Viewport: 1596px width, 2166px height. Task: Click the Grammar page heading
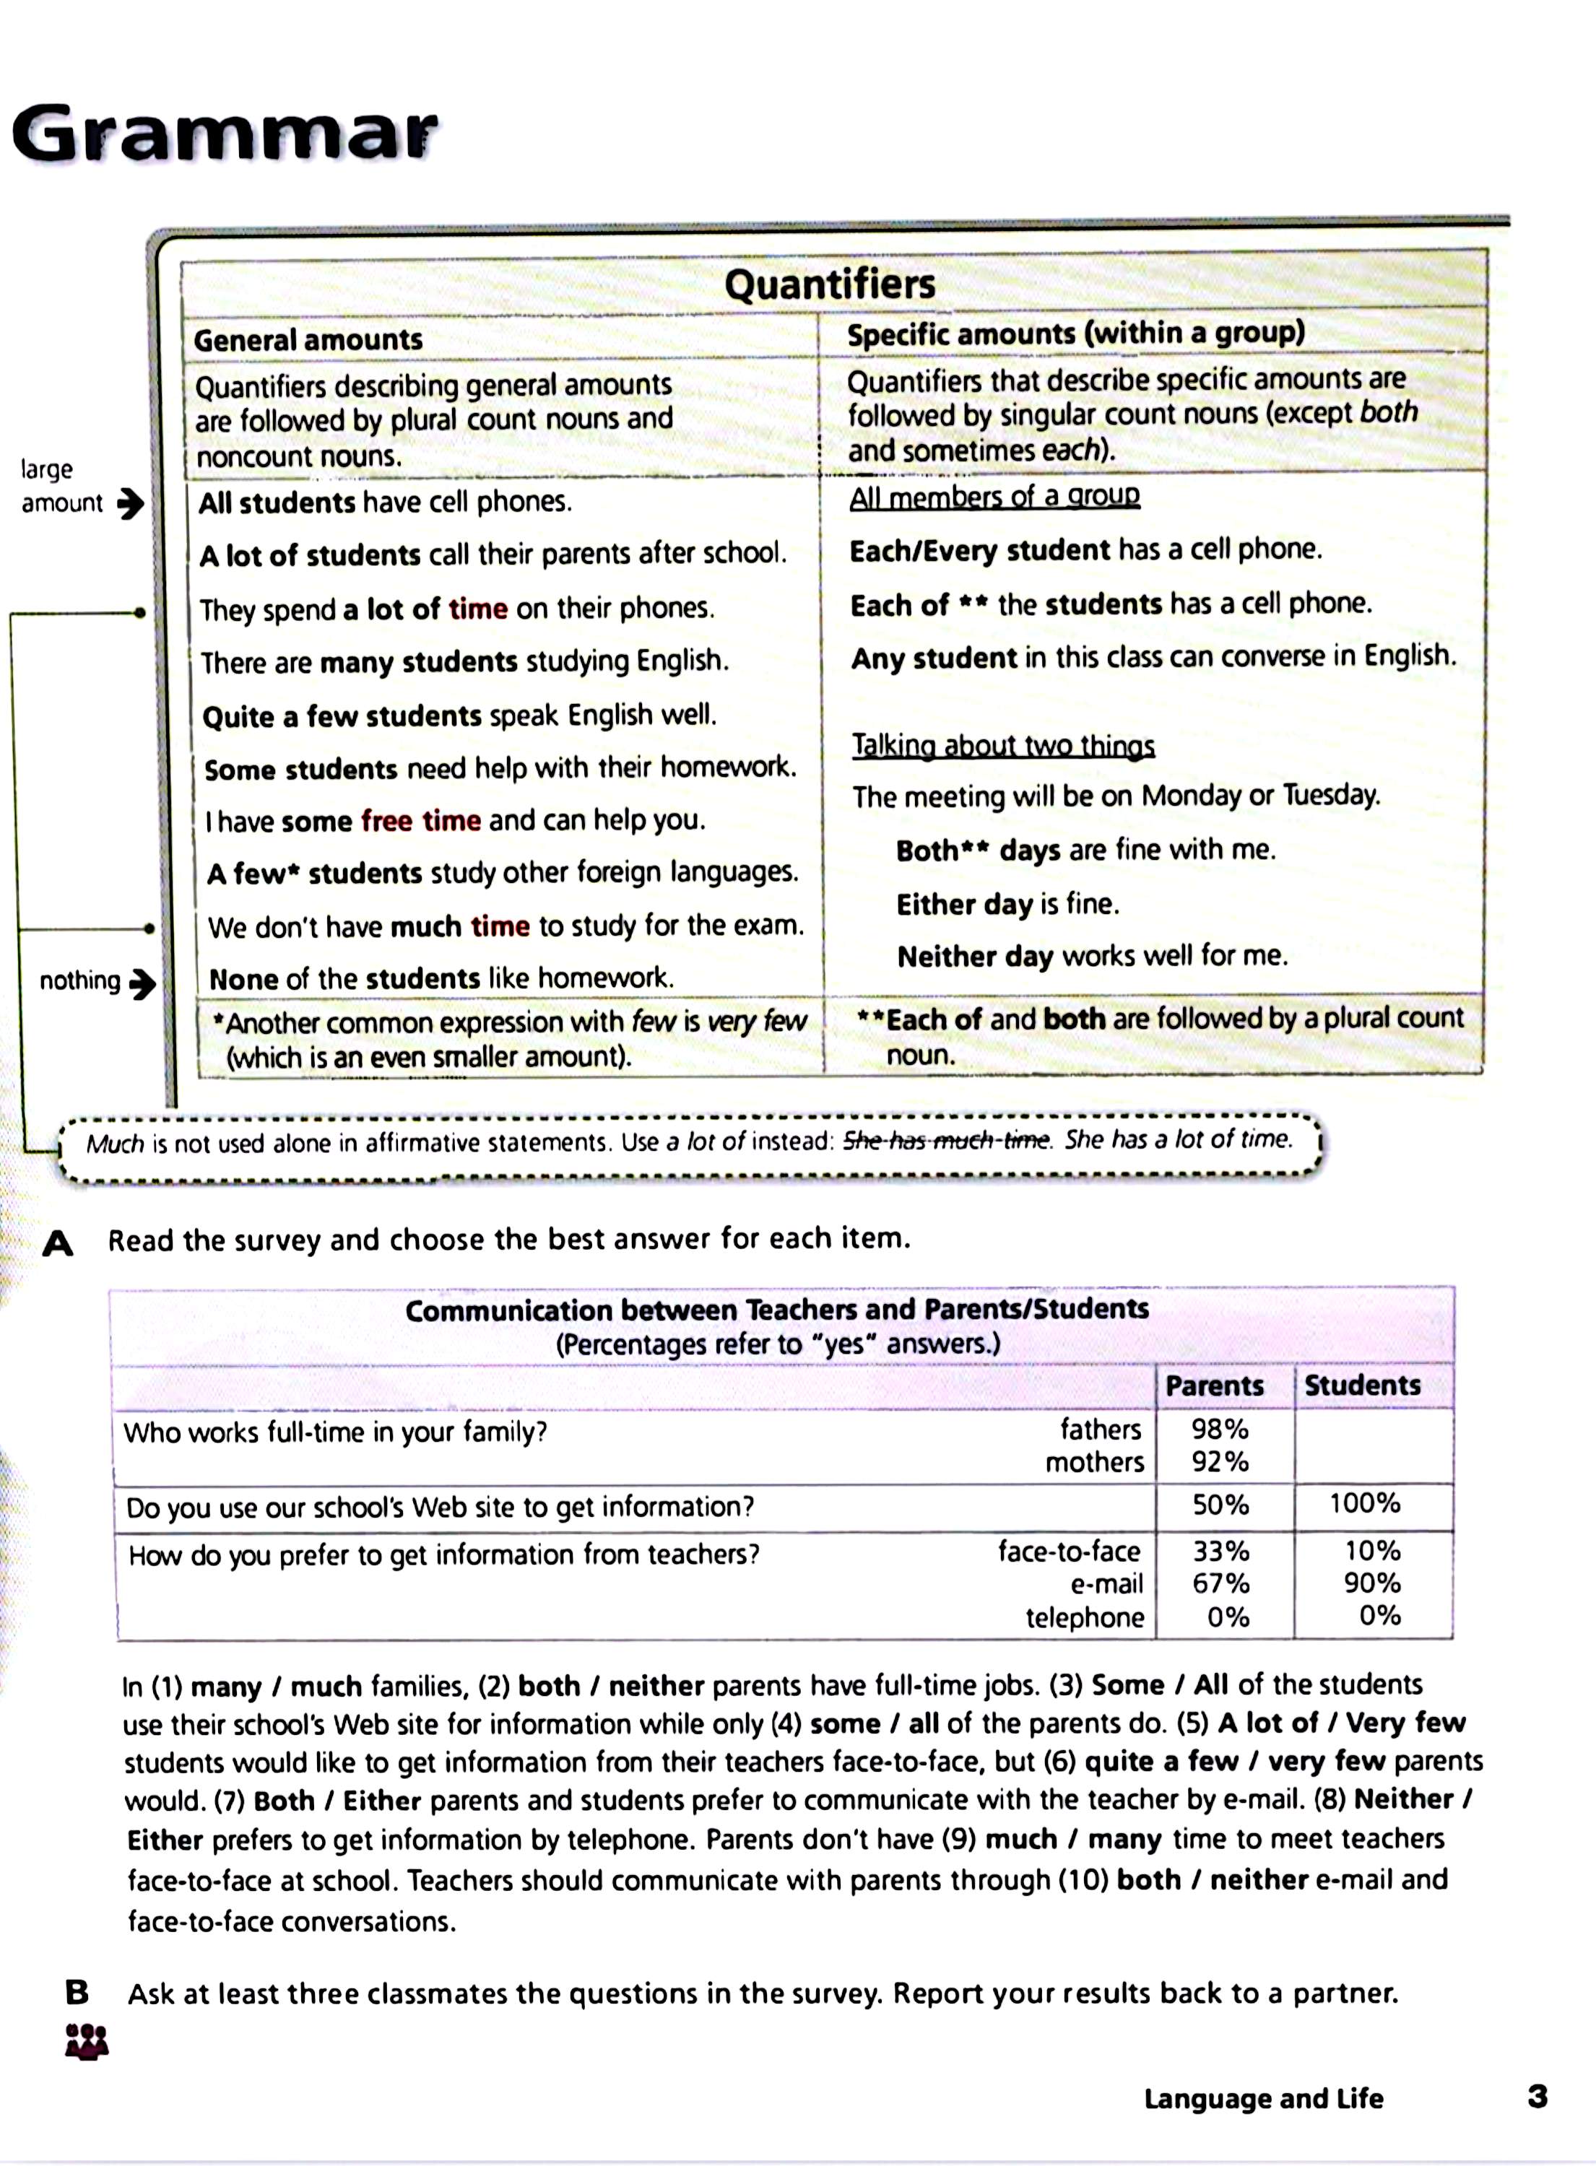click(x=224, y=134)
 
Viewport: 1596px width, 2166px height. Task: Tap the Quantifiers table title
click(x=830, y=284)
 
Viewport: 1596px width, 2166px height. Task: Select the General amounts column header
click(x=308, y=340)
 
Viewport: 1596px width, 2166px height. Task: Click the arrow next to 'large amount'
click(x=131, y=503)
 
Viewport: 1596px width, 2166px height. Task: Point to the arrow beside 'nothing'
click(x=142, y=983)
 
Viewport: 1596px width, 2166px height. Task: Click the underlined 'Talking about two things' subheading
click(x=1003, y=746)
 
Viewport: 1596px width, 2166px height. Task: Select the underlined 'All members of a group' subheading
click(x=994, y=496)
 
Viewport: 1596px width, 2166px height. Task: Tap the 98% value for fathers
click(x=1219, y=1428)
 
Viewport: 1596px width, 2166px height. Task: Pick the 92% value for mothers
click(x=1219, y=1461)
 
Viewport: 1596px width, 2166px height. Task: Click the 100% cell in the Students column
click(x=1364, y=1503)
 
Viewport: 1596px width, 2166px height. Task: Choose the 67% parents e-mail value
click(x=1220, y=1583)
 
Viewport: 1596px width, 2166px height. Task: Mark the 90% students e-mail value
click(x=1372, y=1583)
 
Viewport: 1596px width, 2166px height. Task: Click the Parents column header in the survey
click(x=1215, y=1386)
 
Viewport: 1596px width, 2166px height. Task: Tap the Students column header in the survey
click(x=1362, y=1385)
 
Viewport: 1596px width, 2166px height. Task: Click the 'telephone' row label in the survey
click(x=1084, y=1617)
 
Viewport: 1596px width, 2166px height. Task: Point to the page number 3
click(x=1537, y=2097)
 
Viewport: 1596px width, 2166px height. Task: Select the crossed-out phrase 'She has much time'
click(x=946, y=1141)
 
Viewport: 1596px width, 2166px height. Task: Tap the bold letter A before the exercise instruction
click(x=58, y=1244)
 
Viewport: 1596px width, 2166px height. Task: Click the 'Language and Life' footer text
click(x=1262, y=2098)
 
